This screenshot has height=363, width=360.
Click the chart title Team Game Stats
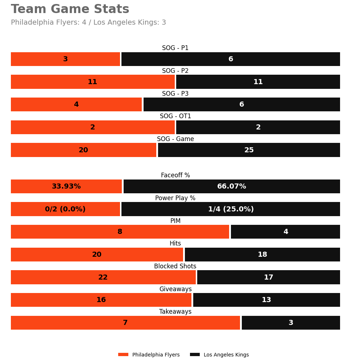point(70,9)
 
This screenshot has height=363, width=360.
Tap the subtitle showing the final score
point(88,22)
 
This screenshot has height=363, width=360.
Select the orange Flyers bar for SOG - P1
point(65,59)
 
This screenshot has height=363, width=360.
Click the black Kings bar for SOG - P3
point(241,104)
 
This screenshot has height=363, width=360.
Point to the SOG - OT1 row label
point(175,116)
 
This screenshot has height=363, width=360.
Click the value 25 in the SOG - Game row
point(249,150)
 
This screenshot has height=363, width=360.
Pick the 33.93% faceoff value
point(66,186)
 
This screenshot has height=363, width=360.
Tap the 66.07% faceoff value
point(232,186)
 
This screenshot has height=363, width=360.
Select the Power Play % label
point(175,198)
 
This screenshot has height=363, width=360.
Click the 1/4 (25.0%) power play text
point(231,209)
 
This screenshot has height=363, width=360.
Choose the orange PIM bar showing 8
point(120,232)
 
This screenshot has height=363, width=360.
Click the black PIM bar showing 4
point(285,232)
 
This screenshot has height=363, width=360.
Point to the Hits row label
point(175,244)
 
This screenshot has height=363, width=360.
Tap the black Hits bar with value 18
point(262,255)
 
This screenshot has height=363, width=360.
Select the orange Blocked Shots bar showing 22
point(103,277)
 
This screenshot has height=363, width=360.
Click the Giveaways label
point(175,289)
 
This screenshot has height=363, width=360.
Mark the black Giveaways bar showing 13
point(266,300)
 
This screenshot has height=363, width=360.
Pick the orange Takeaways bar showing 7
point(125,323)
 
